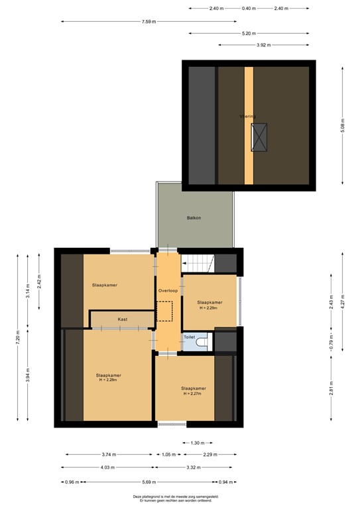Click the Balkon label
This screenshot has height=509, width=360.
[x=194, y=217]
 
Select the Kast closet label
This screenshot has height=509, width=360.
[x=123, y=319]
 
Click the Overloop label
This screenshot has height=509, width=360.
[x=168, y=291]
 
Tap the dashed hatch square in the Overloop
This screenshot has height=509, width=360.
[x=164, y=311]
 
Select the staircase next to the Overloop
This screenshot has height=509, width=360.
[x=198, y=263]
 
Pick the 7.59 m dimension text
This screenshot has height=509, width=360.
[x=149, y=22]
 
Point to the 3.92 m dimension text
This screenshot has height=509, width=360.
[x=264, y=45]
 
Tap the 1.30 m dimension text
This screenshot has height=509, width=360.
[x=198, y=443]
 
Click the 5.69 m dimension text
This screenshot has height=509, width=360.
[x=149, y=482]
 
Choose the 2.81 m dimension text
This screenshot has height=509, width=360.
[x=331, y=386]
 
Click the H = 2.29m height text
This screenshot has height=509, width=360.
[x=210, y=308]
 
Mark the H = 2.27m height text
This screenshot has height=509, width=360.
[x=194, y=394]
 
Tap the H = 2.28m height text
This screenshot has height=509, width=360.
[x=108, y=380]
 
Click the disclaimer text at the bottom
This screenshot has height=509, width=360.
[x=180, y=498]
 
